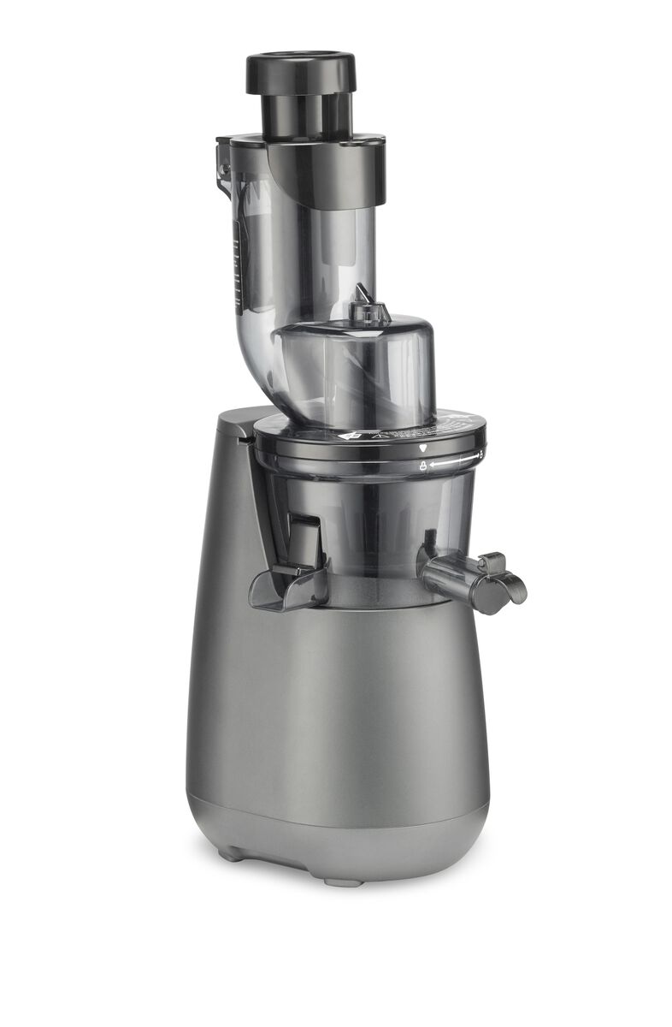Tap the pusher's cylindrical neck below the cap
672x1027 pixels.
[306, 112]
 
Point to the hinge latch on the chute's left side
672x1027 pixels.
[225, 163]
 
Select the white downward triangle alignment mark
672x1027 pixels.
[425, 448]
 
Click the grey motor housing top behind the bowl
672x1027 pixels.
[235, 419]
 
